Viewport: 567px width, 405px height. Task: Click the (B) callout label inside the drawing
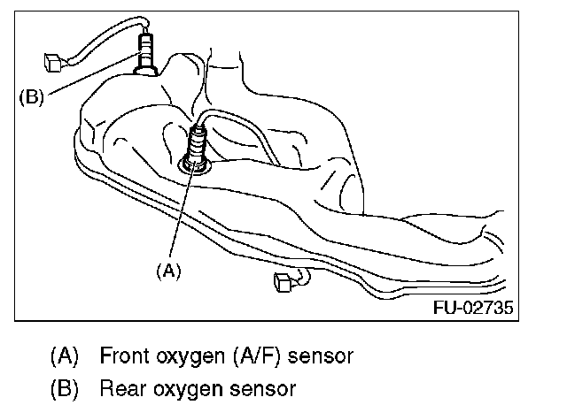click(x=31, y=96)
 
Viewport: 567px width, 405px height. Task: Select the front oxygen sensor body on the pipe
click(x=197, y=143)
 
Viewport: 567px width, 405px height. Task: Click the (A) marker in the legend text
click(x=65, y=356)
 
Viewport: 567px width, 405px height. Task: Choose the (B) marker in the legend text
click(x=65, y=387)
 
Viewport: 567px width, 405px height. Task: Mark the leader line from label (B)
click(x=89, y=80)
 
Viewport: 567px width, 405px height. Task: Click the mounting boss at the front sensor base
click(x=196, y=164)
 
